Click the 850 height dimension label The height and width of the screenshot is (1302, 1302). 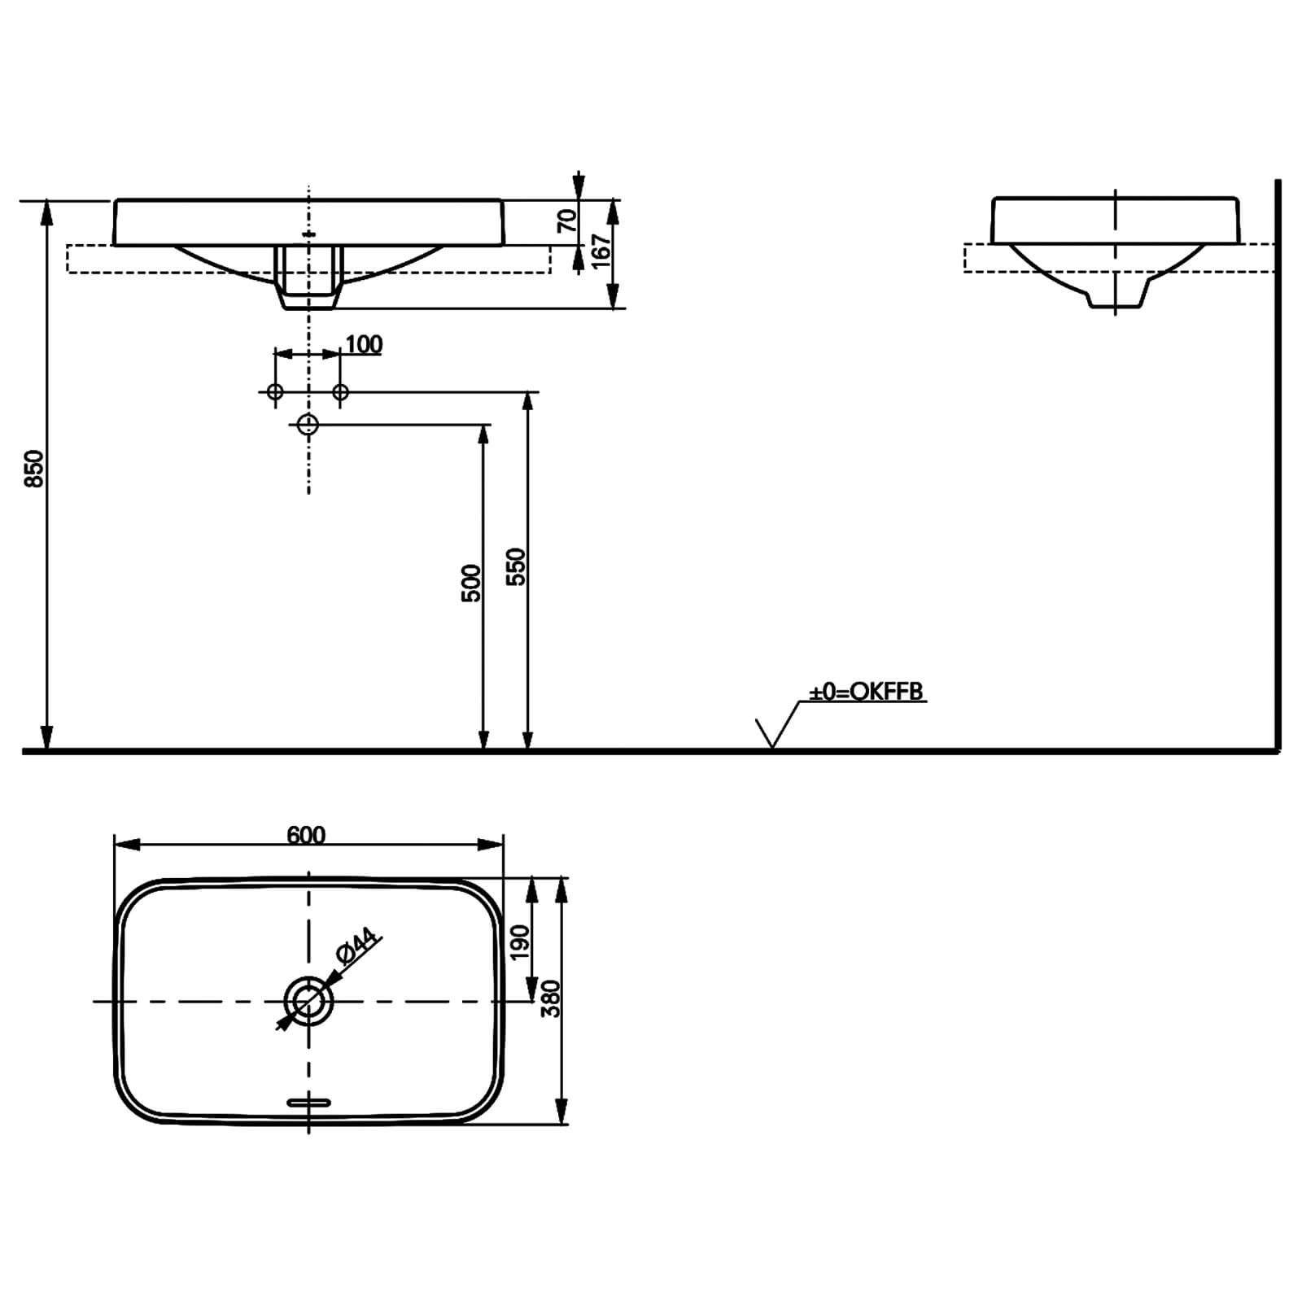34,469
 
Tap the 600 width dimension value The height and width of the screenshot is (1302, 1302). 306,836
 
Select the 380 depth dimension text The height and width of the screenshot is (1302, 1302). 551,998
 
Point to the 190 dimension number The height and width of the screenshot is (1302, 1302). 519,942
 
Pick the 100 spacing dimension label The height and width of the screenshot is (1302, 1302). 364,345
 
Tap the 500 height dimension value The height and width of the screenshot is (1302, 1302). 471,583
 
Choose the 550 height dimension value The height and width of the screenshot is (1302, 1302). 516,567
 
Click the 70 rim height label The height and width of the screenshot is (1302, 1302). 567,221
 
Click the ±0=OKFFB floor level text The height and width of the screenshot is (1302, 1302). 866,692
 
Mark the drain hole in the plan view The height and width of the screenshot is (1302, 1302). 308,1001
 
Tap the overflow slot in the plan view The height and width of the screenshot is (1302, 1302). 309,1103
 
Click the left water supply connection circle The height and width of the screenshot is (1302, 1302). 275,392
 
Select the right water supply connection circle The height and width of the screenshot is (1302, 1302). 341,392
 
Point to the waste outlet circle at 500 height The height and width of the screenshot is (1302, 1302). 308,424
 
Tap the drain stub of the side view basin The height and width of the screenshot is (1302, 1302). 1116,296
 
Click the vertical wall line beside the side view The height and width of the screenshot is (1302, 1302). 1278,464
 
